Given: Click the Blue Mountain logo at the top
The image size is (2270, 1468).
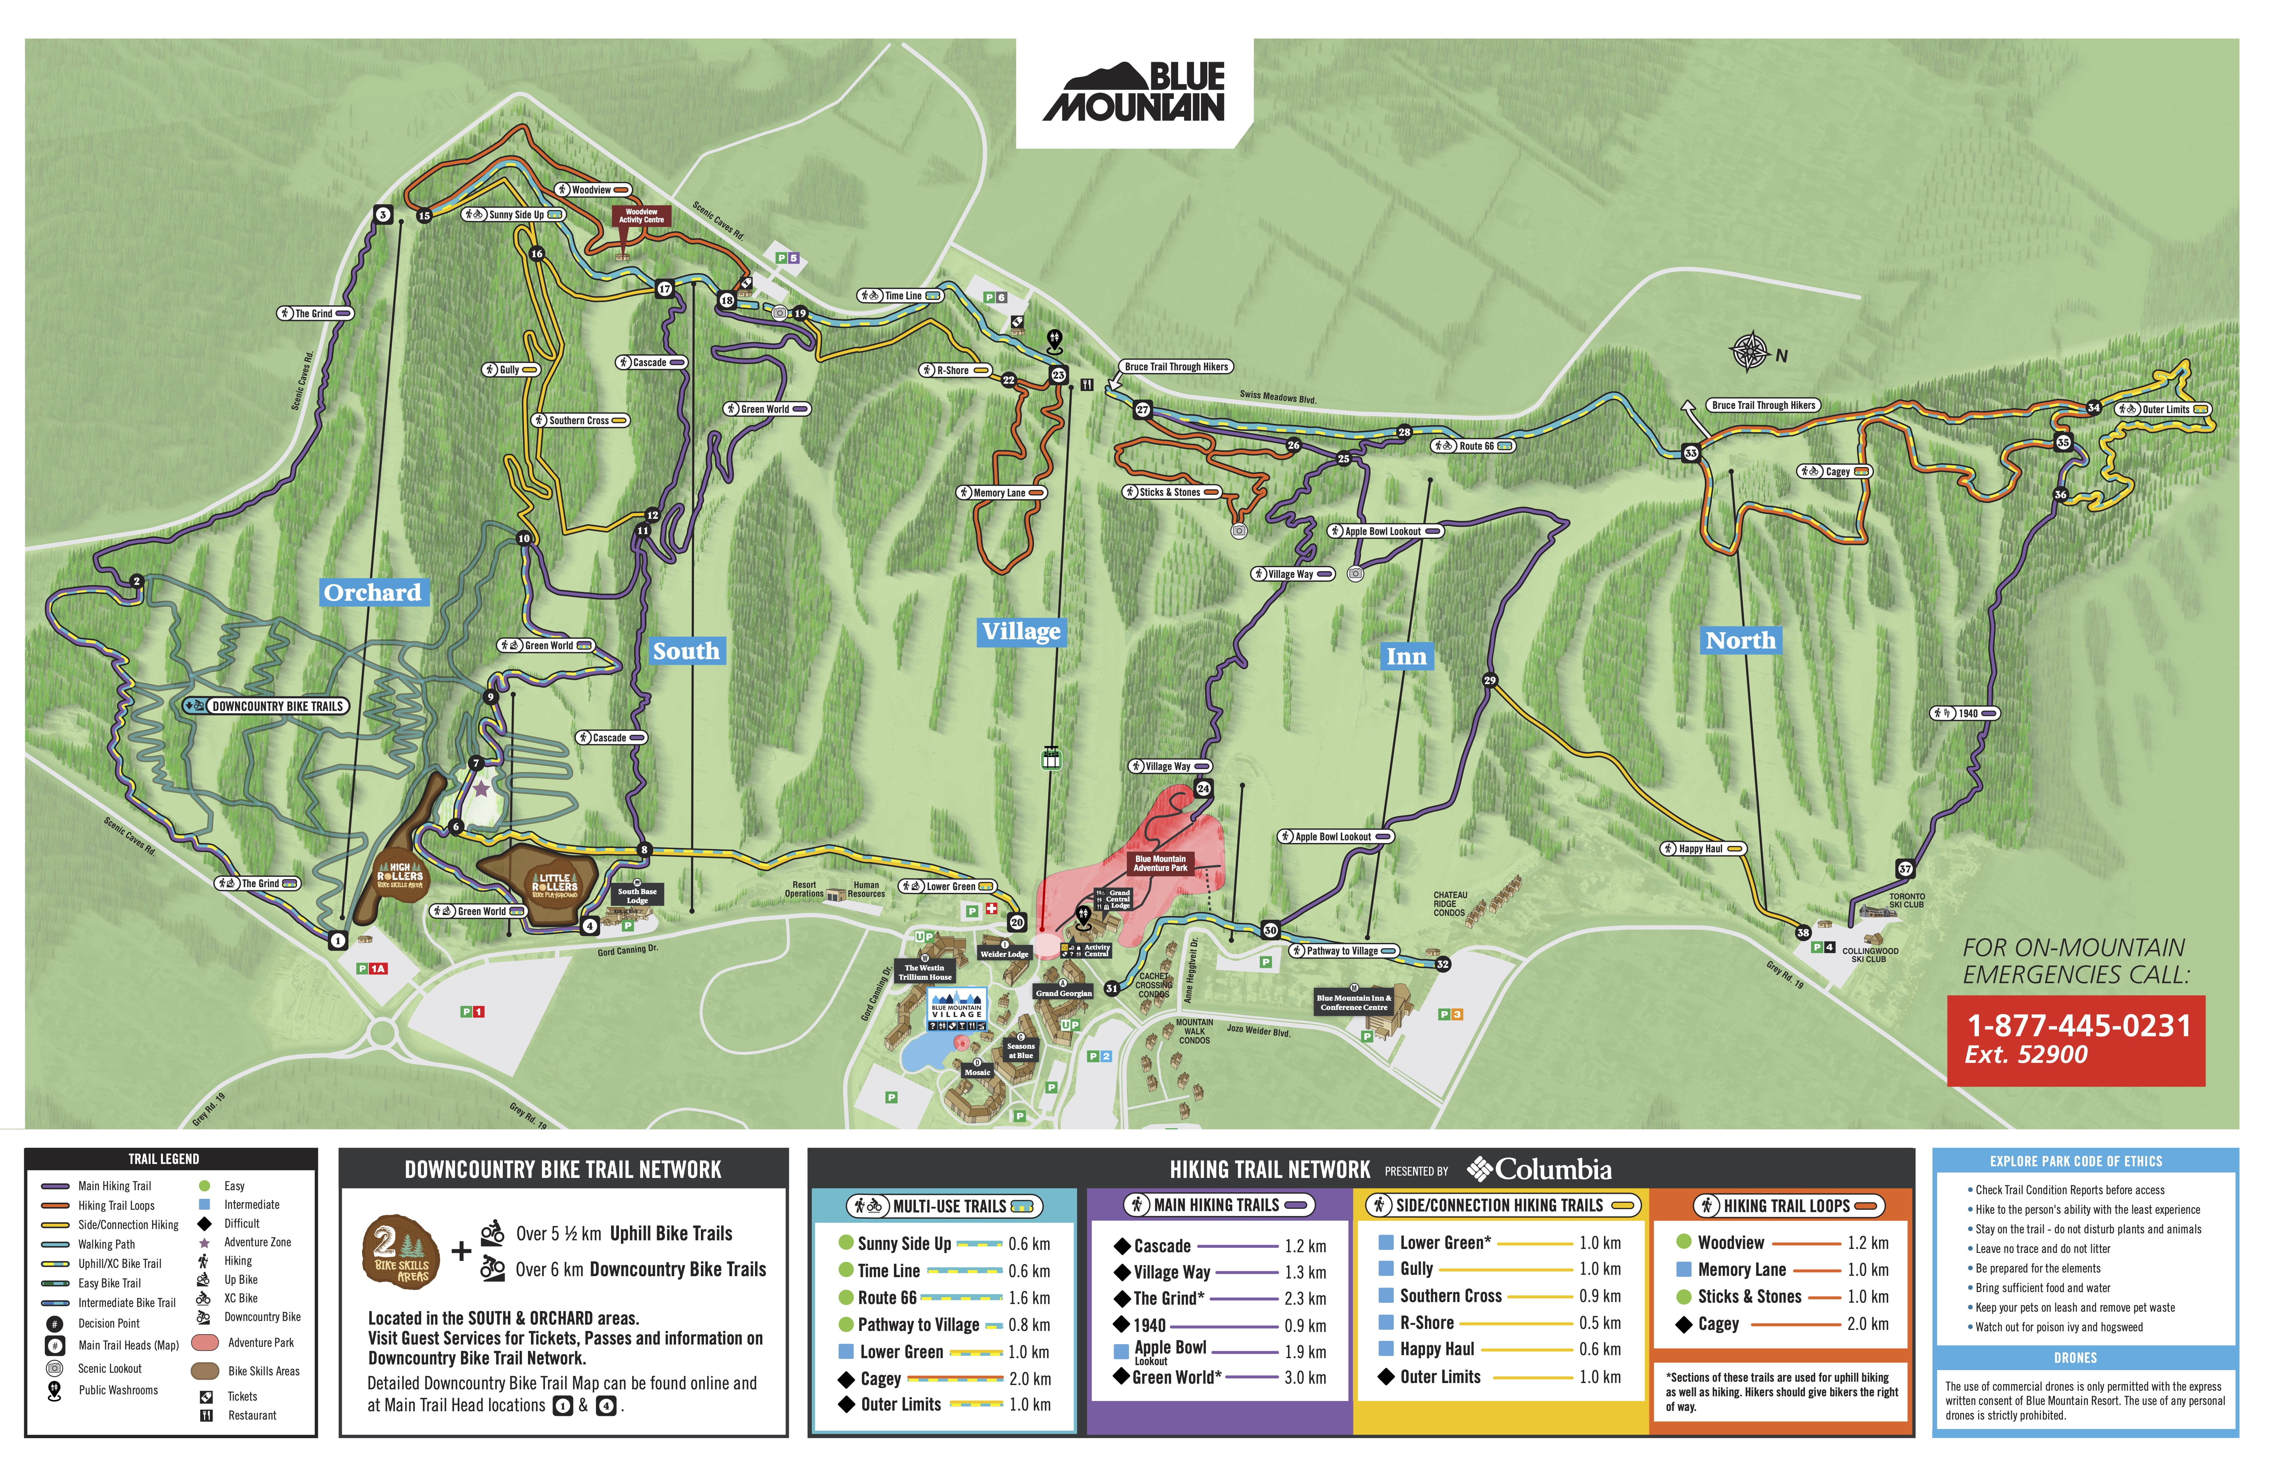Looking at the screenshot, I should click(x=1134, y=93).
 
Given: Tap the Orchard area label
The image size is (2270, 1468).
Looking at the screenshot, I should click(x=373, y=593).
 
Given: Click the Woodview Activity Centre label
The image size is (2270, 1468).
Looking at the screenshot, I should click(x=642, y=216).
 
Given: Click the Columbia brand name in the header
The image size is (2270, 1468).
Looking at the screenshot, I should click(x=1553, y=1170).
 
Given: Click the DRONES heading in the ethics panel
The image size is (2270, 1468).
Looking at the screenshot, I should click(x=2075, y=1357).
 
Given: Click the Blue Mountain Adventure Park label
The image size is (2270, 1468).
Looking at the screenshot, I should click(x=1160, y=863).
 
